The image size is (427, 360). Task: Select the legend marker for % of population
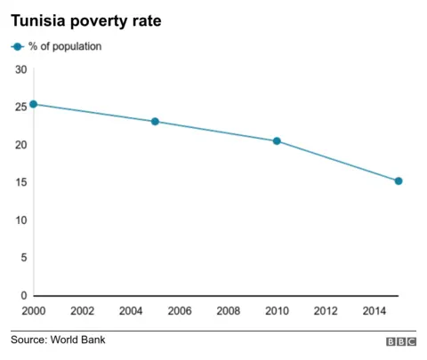click(x=18, y=46)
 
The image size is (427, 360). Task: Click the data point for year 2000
click(x=34, y=104)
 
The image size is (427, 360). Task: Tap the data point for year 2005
click(x=155, y=122)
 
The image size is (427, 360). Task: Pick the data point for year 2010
click(x=277, y=141)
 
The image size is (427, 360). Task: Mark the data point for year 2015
click(x=399, y=181)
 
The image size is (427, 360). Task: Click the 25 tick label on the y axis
click(x=20, y=108)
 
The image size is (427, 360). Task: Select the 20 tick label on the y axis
click(x=20, y=145)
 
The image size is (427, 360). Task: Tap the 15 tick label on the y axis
click(x=20, y=183)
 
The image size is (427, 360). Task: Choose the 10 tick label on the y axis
click(x=20, y=220)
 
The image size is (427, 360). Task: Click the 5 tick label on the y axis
click(x=23, y=258)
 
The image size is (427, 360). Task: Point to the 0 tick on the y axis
click(x=23, y=296)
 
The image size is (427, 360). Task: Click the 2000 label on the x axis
click(x=34, y=311)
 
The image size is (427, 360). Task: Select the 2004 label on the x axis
click(x=131, y=311)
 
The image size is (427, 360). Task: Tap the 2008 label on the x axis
click(x=228, y=311)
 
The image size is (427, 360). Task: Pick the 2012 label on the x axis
click(x=326, y=311)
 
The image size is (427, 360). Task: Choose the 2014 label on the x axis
click(x=374, y=311)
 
